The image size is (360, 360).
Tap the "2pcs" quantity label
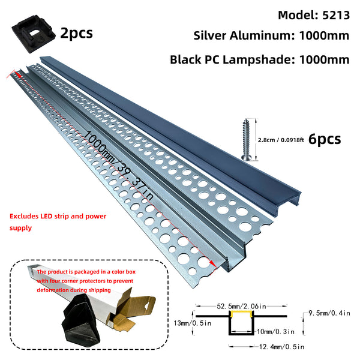pyautogui.click(x=76, y=32)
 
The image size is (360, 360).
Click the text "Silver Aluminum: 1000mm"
pyautogui.click(x=271, y=35)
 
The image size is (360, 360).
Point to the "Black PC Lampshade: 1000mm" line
pyautogui.click(x=259, y=59)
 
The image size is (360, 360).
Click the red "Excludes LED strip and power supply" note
pyautogui.click(x=47, y=221)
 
